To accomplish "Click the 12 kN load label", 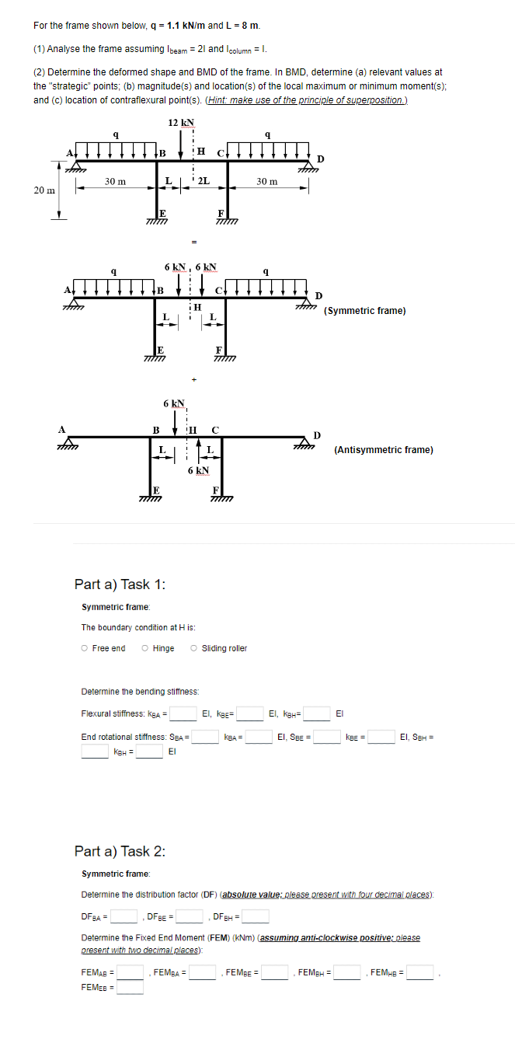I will (x=181, y=122).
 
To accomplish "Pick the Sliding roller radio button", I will (x=194, y=648).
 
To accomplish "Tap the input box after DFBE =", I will (x=190, y=916).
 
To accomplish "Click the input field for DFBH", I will (x=256, y=916).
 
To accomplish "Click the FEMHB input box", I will (x=420, y=972).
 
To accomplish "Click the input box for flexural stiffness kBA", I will (x=184, y=713).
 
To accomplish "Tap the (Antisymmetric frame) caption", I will (x=383, y=449).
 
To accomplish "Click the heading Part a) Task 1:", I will (x=118, y=584).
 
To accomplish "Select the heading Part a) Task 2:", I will (x=118, y=851).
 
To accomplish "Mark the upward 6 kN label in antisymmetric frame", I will (x=198, y=470).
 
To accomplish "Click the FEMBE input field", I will (x=275, y=972).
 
